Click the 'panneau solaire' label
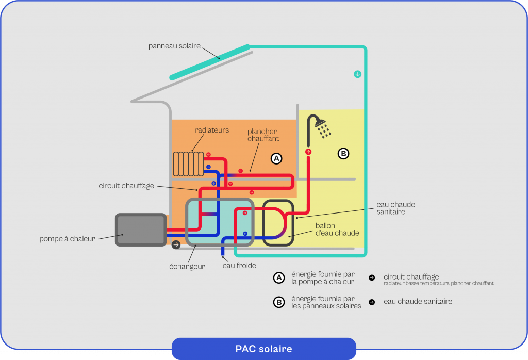(174, 46)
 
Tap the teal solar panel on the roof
(210, 62)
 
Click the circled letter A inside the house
(277, 158)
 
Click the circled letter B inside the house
(343, 153)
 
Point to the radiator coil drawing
(188, 163)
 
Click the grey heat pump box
(140, 230)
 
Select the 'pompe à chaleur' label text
(67, 239)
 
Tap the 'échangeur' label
(188, 266)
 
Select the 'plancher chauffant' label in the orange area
(263, 135)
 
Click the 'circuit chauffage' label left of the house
(126, 186)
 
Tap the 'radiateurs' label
(212, 130)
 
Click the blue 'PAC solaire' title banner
(263, 349)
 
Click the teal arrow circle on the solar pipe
(357, 74)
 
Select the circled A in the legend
(279, 278)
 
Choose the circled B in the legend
(279, 302)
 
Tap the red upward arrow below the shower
(308, 152)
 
